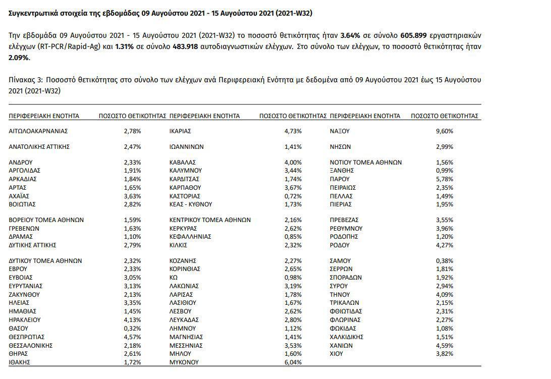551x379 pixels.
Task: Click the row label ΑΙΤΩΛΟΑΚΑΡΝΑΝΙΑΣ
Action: tap(38, 131)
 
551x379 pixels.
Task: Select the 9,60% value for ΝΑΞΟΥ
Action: tap(445, 131)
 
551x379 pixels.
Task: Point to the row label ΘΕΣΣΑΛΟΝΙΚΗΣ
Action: tap(31, 346)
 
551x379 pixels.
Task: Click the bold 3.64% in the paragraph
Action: tap(351, 36)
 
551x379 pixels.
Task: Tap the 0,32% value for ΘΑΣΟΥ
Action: tap(132, 329)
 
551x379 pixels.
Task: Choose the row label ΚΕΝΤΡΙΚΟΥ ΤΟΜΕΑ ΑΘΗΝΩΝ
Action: tap(210, 220)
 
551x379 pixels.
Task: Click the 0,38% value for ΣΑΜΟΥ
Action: tap(445, 261)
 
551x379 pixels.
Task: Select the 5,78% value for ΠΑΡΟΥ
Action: tap(445, 179)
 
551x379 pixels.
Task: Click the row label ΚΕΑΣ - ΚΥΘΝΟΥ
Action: tap(191, 204)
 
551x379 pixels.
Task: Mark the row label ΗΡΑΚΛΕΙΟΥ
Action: tap(26, 320)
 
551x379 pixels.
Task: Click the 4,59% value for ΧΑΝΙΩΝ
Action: tap(445, 346)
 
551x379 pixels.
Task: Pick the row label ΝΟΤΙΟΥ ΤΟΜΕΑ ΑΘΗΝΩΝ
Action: tap(366, 163)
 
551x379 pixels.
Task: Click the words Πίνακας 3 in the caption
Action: tap(25, 80)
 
